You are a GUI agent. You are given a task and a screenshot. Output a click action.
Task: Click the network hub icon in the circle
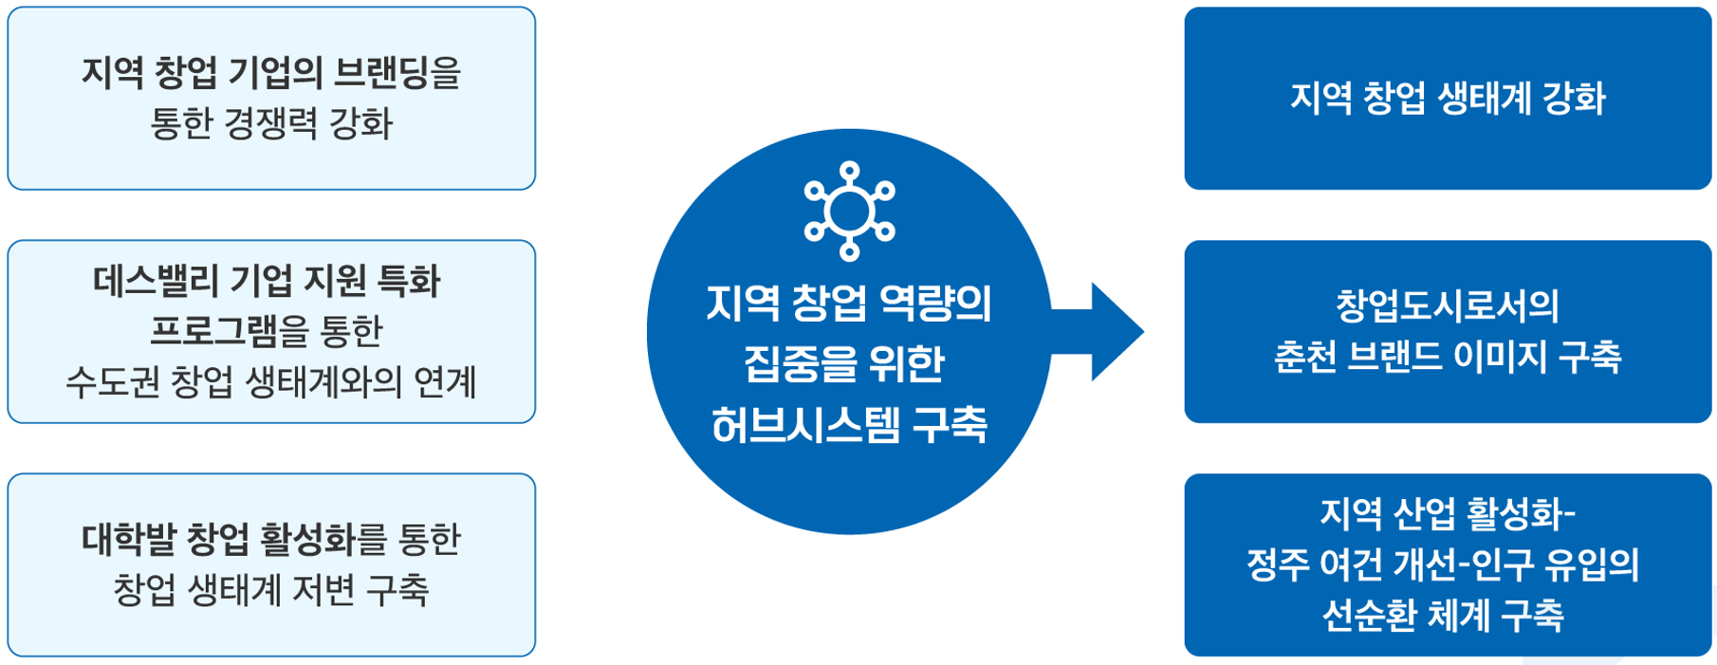point(849,211)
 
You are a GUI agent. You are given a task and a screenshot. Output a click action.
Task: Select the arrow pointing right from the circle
point(1105,331)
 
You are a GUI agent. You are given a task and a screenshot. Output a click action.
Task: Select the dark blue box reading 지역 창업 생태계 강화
point(1447,99)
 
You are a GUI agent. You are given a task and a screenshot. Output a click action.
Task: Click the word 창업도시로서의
point(1447,305)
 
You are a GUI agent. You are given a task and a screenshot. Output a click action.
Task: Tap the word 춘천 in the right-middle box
point(1304,357)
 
